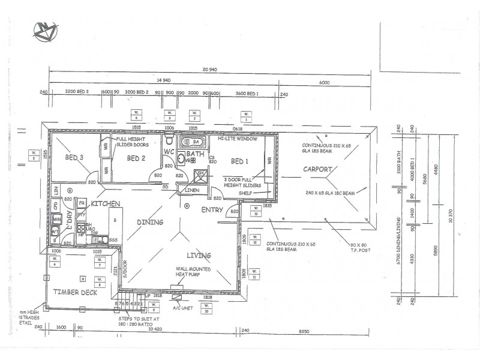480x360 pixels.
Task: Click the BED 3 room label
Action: pos(74,158)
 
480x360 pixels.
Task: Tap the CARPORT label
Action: pos(317,169)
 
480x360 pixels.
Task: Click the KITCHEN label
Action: pos(106,204)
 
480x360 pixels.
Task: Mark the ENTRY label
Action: pos(212,210)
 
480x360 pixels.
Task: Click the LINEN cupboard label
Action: pos(193,190)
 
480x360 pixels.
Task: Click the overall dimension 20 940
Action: pos(209,70)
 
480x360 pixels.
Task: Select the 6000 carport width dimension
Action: pos(325,82)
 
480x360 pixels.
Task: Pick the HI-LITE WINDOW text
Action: pos(238,139)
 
